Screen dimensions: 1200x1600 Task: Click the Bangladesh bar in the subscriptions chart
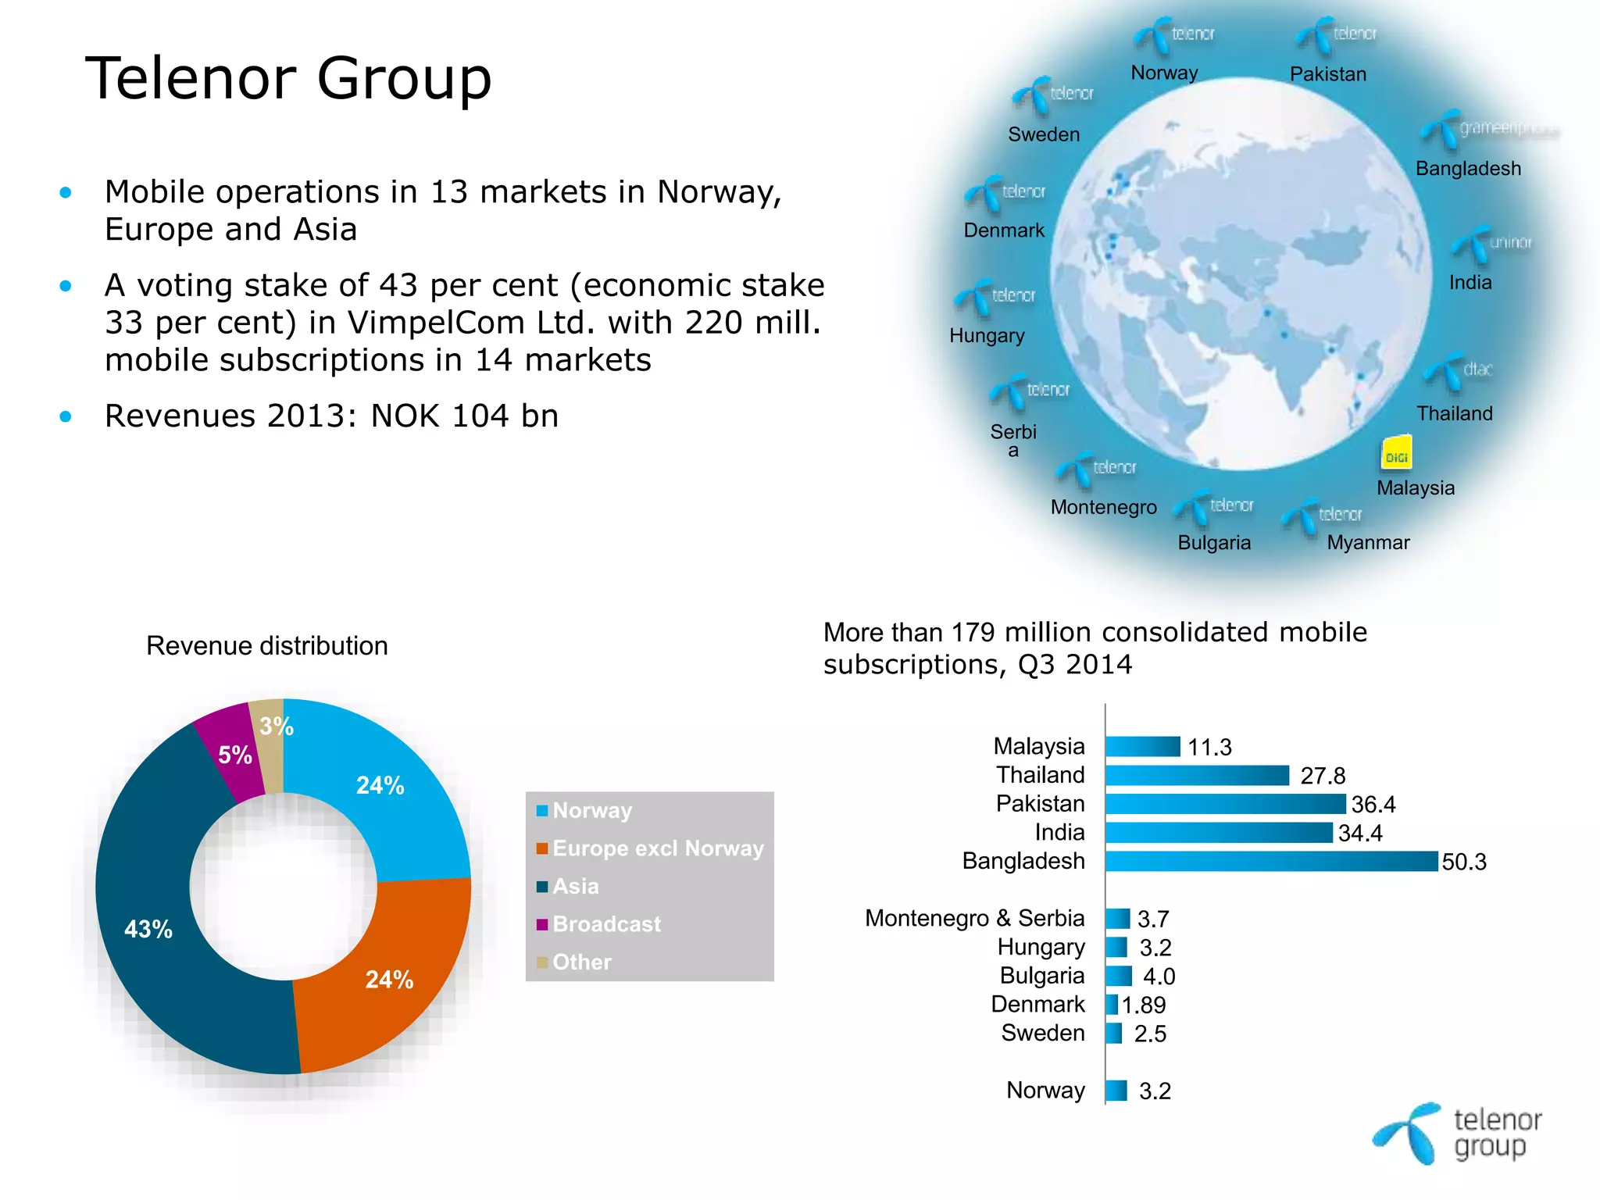click(x=1271, y=861)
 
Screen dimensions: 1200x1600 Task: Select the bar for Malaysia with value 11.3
click(x=1142, y=747)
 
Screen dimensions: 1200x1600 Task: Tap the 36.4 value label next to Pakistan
click(x=1373, y=804)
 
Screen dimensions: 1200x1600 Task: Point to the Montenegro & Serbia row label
click(x=974, y=918)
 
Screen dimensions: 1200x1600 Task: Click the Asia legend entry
click(x=576, y=886)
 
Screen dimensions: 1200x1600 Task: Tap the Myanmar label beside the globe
click(x=1368, y=542)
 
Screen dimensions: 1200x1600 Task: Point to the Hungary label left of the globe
click(x=987, y=335)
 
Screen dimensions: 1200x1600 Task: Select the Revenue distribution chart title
click(x=267, y=646)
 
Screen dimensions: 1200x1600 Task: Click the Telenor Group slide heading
click(x=288, y=78)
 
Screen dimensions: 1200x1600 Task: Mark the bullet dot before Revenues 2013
click(x=66, y=416)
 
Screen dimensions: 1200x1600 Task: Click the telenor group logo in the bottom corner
click(x=1457, y=1134)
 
